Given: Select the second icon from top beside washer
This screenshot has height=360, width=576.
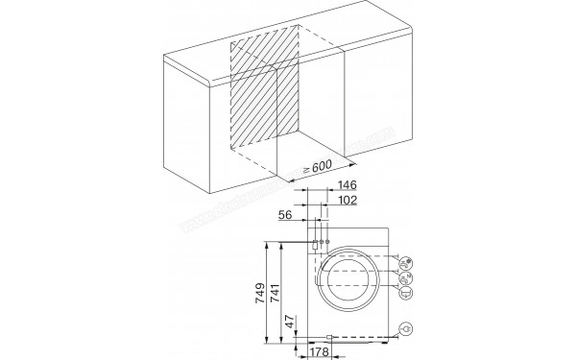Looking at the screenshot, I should [407, 276].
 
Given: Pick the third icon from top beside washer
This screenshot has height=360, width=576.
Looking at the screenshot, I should [407, 293].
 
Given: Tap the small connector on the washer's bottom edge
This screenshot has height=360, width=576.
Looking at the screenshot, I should [329, 337].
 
